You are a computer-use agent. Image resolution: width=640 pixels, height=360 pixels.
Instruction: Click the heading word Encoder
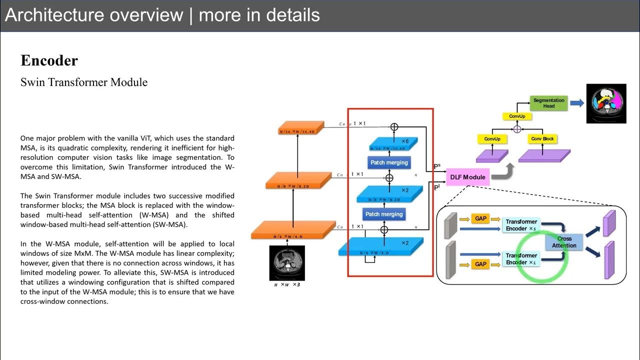(49, 61)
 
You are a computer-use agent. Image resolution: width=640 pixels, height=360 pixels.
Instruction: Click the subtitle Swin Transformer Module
(84, 82)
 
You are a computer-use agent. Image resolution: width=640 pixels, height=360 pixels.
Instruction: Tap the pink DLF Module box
(467, 177)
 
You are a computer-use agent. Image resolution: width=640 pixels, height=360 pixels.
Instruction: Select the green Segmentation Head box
(548, 103)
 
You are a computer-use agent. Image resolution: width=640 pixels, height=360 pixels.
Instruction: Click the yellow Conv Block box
(542, 138)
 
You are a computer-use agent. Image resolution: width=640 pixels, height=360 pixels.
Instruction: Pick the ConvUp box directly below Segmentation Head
(517, 116)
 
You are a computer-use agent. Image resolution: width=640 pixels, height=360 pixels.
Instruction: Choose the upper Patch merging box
(389, 162)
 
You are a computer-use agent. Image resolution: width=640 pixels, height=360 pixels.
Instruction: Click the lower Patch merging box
(383, 214)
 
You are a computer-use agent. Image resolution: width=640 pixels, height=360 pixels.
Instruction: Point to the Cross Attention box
(564, 242)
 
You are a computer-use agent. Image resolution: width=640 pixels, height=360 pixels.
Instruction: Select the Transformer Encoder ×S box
(521, 225)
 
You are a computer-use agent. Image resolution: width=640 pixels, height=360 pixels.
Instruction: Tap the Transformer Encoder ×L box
(521, 259)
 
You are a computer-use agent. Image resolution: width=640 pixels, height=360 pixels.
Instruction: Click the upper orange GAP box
(480, 219)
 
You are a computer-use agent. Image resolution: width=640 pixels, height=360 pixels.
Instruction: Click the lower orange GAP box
(480, 264)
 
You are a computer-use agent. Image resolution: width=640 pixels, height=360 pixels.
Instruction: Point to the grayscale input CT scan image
(286, 262)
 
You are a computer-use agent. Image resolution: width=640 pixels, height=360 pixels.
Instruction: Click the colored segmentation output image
(606, 103)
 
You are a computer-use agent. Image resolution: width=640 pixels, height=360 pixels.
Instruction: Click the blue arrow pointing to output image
(576, 103)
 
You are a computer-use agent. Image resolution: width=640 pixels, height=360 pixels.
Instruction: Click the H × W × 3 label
(286, 285)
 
